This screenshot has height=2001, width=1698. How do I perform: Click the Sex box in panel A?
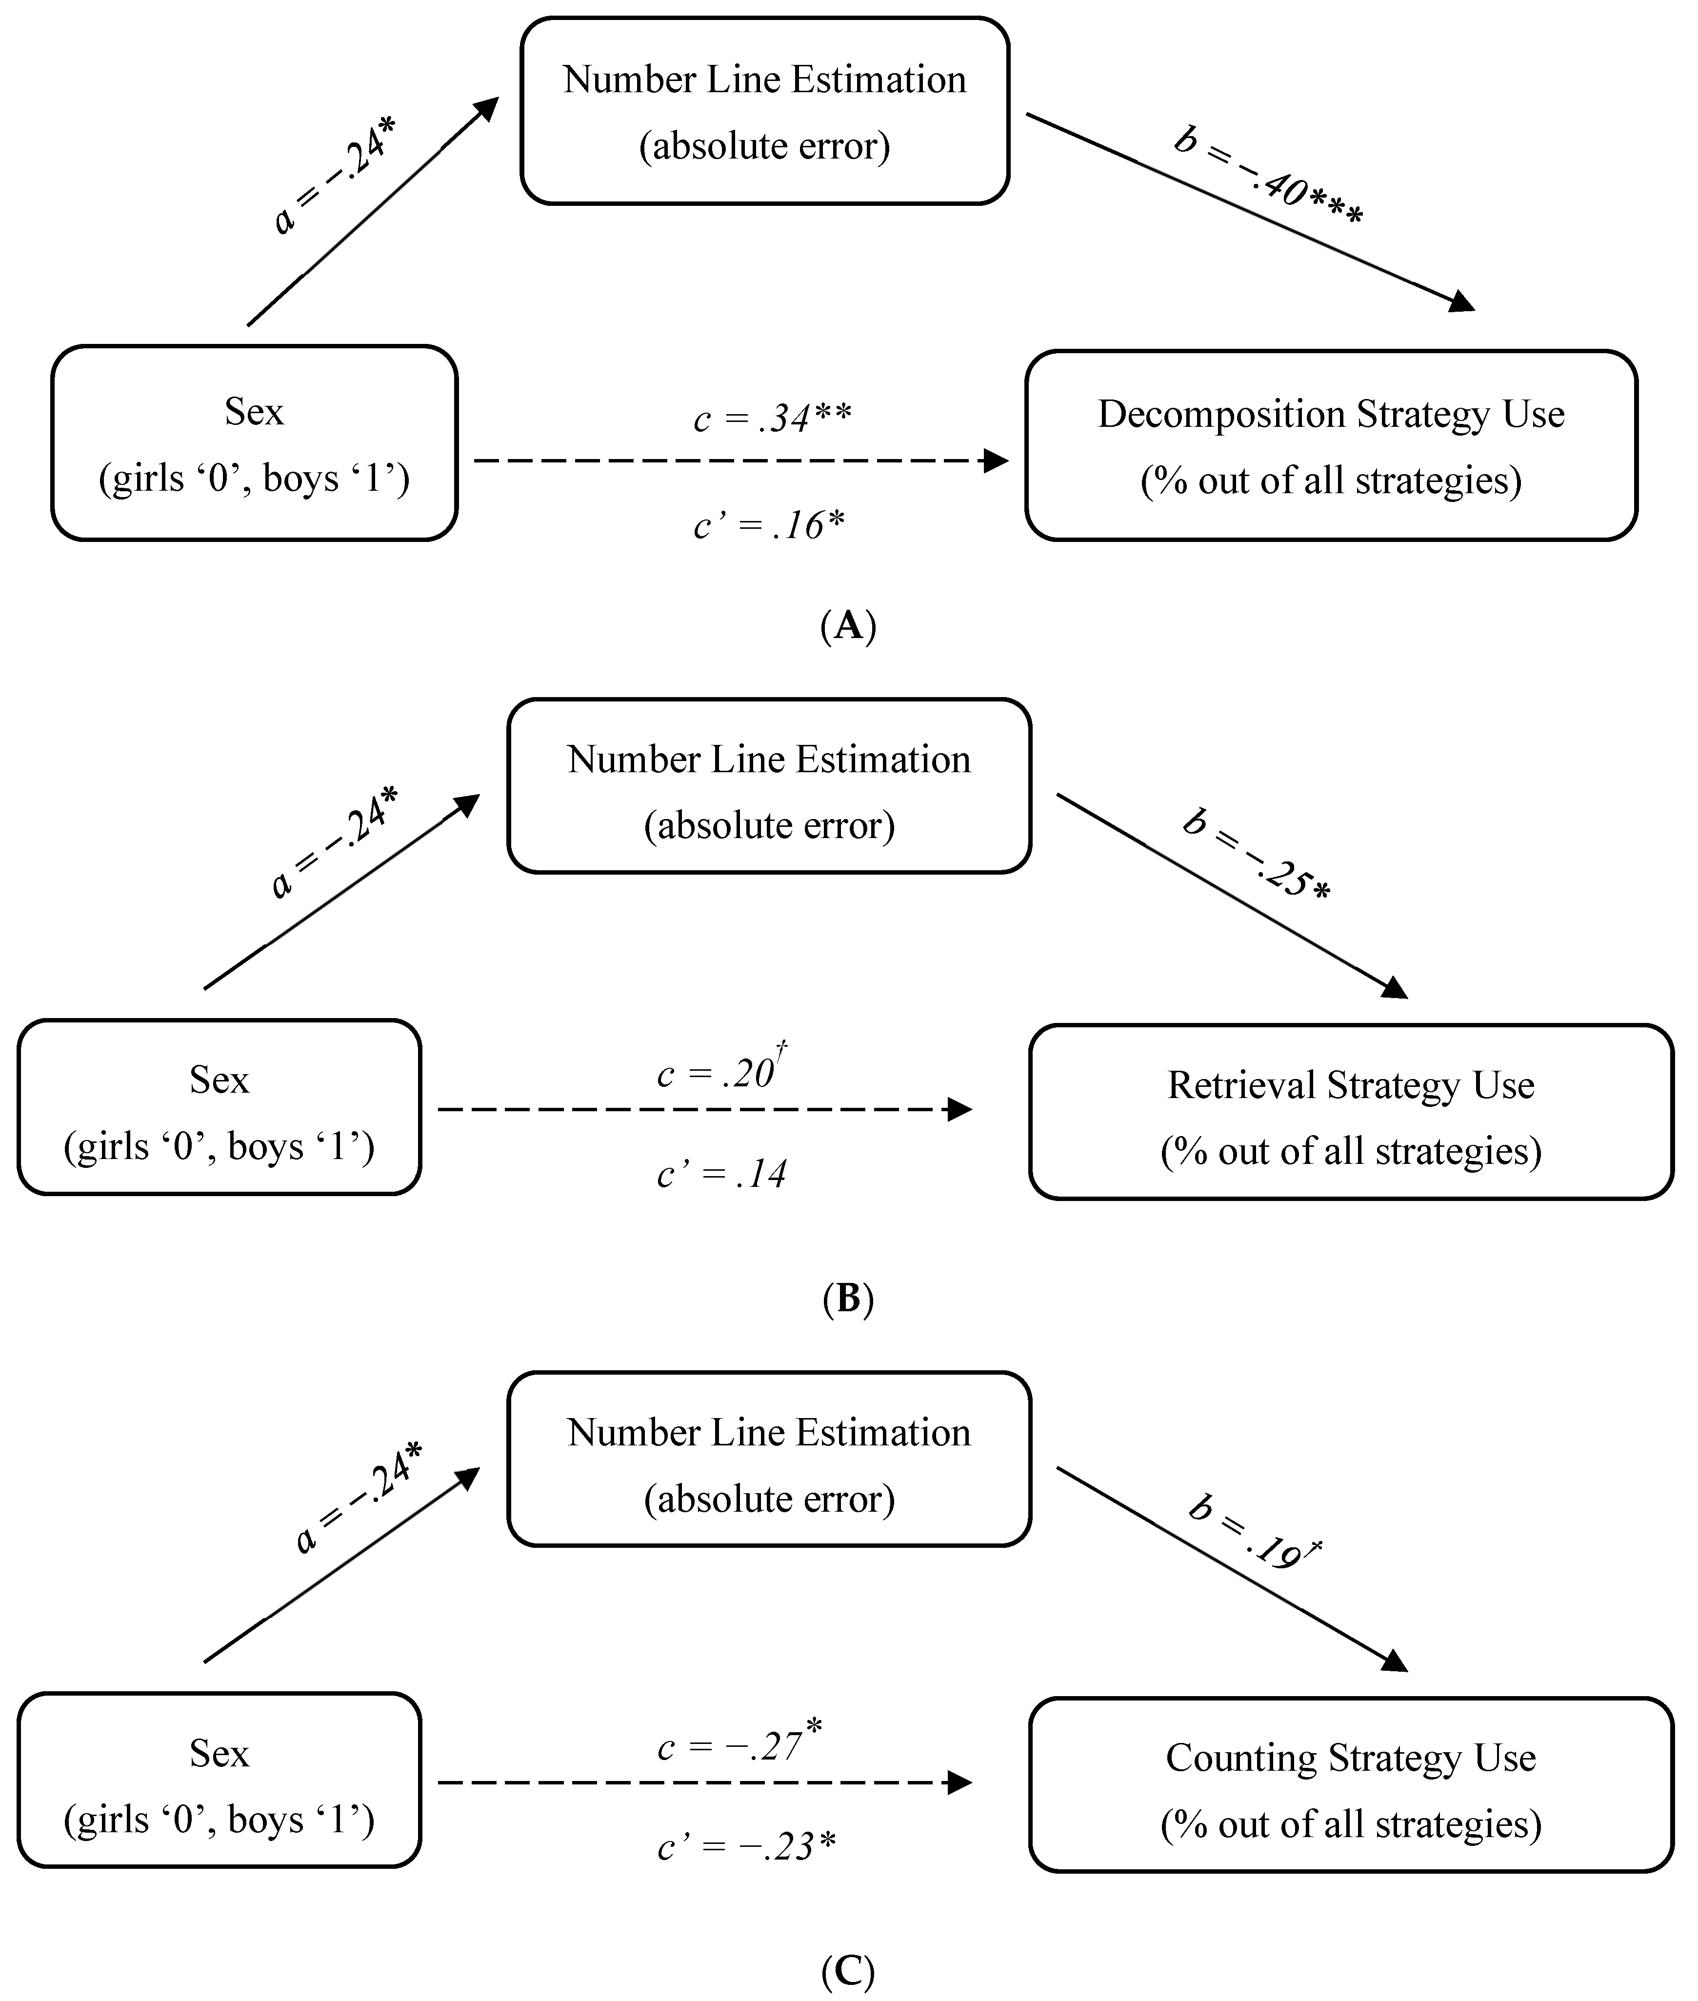[x=254, y=444]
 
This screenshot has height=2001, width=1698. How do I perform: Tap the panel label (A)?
[x=848, y=625]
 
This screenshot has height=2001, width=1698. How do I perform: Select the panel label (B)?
[x=848, y=1299]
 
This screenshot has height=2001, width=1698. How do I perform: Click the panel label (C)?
[x=848, y=1970]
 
